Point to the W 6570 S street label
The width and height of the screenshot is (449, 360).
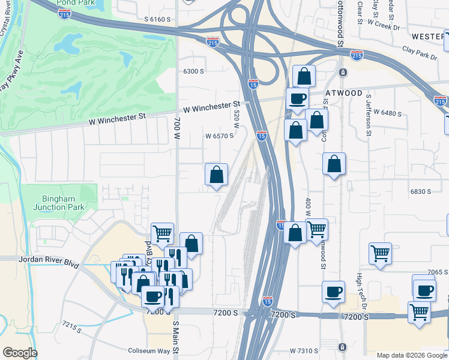tap(219, 136)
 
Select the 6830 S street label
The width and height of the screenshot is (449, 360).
tap(421, 191)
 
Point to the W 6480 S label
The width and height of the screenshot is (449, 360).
tap(387, 112)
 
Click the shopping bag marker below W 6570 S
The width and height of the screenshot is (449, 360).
tap(217, 175)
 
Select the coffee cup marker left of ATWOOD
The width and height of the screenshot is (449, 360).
tap(297, 98)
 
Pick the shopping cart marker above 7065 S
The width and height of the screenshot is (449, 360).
tap(381, 254)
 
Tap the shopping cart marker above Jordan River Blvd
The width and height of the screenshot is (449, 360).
tap(162, 234)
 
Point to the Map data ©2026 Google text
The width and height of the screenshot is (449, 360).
tap(412, 355)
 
